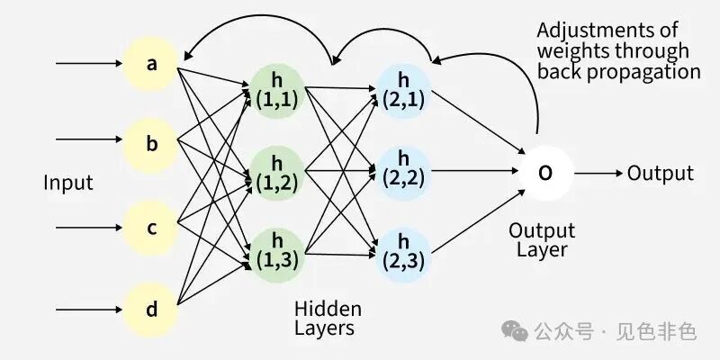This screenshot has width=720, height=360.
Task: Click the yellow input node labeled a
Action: click(x=151, y=63)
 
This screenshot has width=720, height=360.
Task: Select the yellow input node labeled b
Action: click(x=151, y=145)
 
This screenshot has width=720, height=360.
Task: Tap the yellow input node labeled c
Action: click(x=151, y=228)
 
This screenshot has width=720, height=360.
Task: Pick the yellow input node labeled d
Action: click(x=151, y=310)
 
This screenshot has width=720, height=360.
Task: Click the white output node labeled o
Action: click(x=546, y=173)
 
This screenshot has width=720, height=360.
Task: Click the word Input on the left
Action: click(x=68, y=183)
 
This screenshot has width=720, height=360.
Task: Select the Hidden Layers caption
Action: click(x=328, y=319)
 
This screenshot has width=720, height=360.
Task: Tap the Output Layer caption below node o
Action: click(x=542, y=240)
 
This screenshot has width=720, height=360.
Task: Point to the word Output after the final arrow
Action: click(x=661, y=174)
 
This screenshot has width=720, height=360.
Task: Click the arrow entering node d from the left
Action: click(x=89, y=310)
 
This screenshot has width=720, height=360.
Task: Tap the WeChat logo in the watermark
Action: click(x=514, y=330)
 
